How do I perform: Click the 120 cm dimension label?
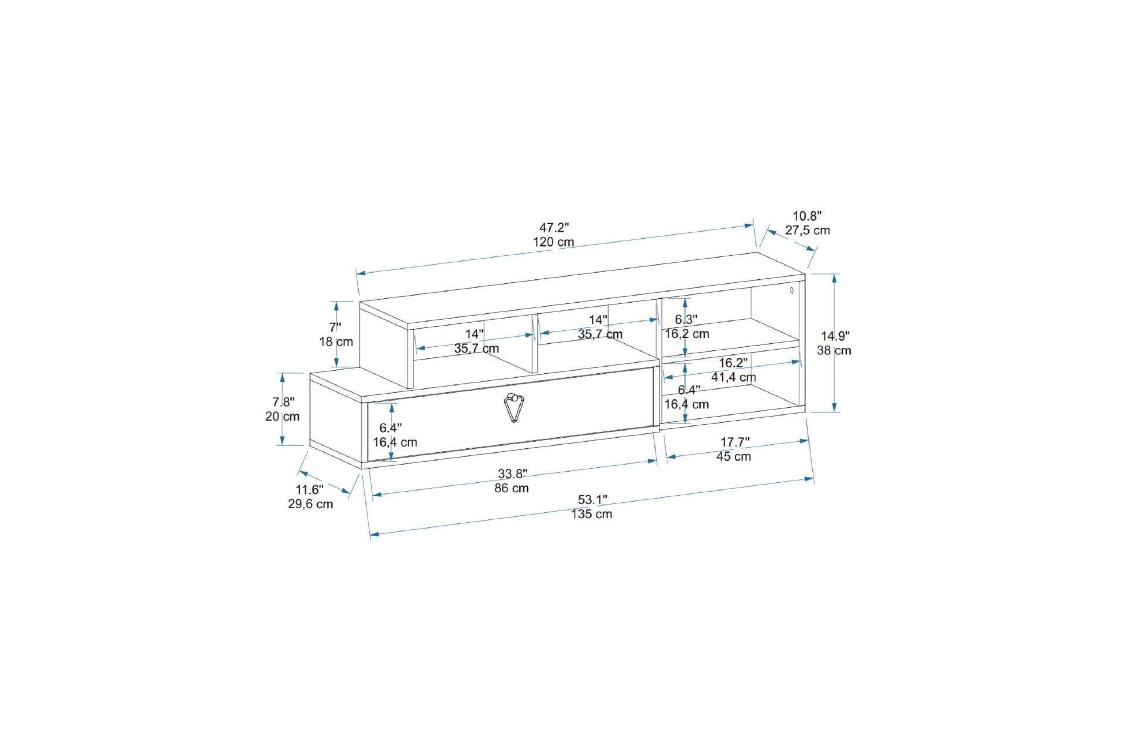pyautogui.click(x=554, y=242)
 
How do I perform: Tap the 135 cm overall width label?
pyautogui.click(x=592, y=514)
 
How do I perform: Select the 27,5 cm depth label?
pyautogui.click(x=808, y=231)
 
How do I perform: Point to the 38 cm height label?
pyautogui.click(x=834, y=351)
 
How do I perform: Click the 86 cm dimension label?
pyautogui.click(x=511, y=488)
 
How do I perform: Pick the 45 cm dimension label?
pyautogui.click(x=734, y=456)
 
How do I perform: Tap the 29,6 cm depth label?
pyautogui.click(x=310, y=504)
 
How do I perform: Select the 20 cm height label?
pyautogui.click(x=282, y=417)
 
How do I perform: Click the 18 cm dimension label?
pyautogui.click(x=336, y=341)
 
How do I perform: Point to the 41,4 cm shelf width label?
pyautogui.click(x=734, y=377)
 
